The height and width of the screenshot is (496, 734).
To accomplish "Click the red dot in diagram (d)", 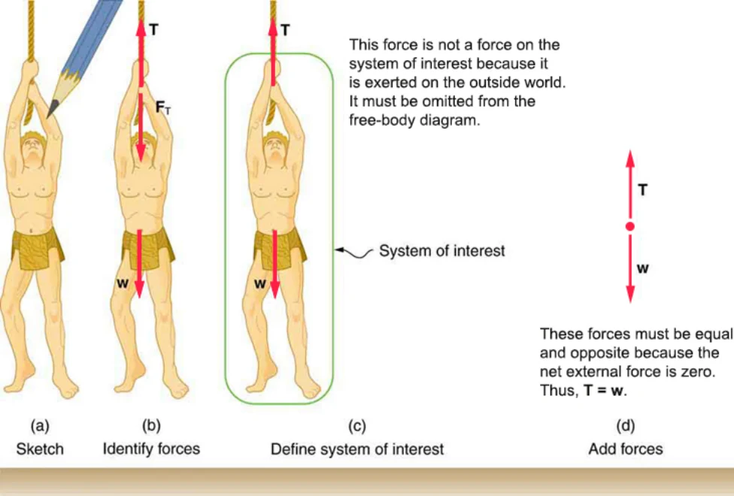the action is (x=630, y=226).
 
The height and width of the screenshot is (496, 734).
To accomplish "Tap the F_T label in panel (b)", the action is (x=163, y=107).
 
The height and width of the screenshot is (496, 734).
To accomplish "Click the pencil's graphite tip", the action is (x=51, y=110).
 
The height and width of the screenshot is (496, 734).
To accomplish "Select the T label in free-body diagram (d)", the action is (x=643, y=190).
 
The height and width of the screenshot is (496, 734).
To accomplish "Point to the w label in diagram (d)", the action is (x=643, y=268).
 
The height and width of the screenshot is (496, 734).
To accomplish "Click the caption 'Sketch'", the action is (x=40, y=449).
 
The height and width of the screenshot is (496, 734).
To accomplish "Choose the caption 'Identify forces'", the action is (x=151, y=449).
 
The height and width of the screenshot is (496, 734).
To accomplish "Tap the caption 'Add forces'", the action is (x=626, y=449).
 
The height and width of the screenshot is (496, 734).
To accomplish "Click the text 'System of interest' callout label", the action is (x=442, y=251).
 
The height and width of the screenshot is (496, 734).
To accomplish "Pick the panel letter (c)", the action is (x=357, y=426).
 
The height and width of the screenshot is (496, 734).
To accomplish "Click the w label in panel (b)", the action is (x=122, y=283).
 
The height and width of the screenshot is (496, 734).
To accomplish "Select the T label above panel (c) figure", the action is (x=285, y=30).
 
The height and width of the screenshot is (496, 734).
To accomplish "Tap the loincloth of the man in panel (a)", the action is (x=38, y=248).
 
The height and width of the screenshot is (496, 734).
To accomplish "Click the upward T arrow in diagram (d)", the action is (x=630, y=184).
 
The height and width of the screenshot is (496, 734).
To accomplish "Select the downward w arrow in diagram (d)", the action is (x=630, y=268).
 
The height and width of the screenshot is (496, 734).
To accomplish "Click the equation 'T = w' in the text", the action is (x=604, y=390).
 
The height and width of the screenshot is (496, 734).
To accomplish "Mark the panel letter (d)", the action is (x=626, y=426).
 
